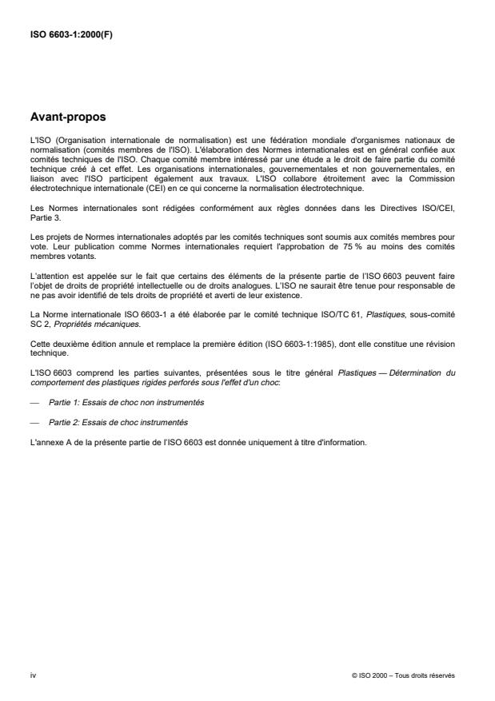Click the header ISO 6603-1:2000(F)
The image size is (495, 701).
click(x=70, y=34)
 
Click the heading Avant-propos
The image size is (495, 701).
click(x=69, y=117)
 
